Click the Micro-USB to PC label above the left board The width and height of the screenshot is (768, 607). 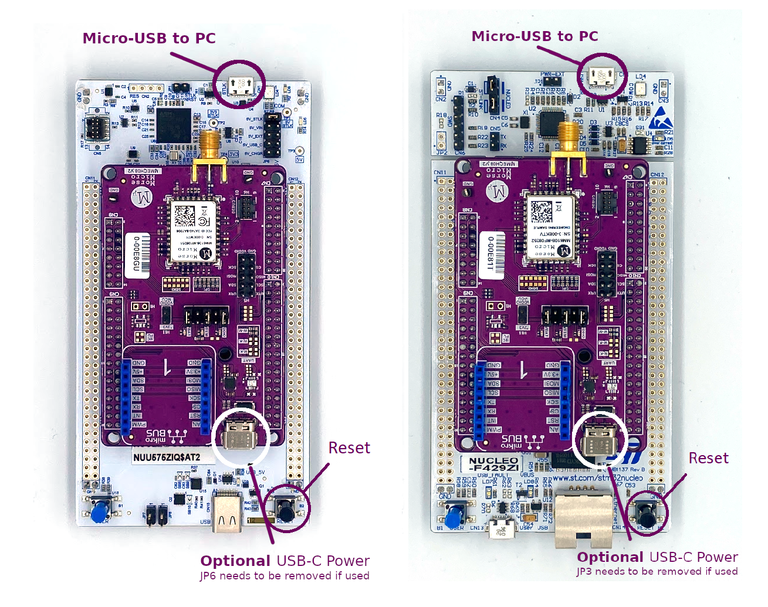(x=149, y=39)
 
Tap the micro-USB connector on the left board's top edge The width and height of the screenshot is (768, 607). (x=241, y=86)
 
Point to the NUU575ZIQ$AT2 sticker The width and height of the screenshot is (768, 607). (x=167, y=457)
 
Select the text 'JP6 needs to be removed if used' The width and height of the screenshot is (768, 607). (x=285, y=576)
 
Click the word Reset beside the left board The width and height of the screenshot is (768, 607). (x=349, y=448)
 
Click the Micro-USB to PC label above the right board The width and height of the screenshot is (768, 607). (x=534, y=36)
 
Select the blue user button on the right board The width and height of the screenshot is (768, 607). (x=454, y=518)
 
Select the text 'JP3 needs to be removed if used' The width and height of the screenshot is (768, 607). (x=657, y=572)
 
